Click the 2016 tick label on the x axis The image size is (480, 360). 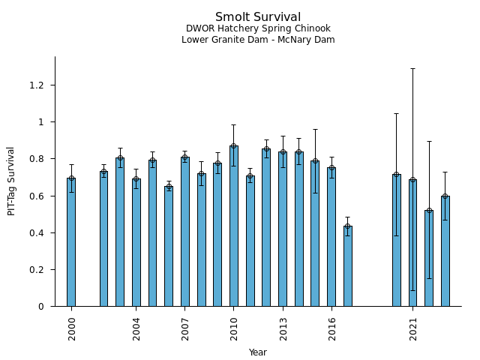(x=331, y=328)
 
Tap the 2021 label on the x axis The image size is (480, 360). (x=413, y=328)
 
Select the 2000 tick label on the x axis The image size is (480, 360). (x=72, y=328)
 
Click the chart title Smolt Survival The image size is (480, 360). (x=258, y=17)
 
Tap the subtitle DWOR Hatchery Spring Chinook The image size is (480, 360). (x=258, y=28)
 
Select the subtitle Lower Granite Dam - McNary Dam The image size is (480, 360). (x=258, y=40)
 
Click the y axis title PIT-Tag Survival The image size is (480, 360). (x=12, y=181)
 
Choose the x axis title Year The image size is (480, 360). (x=258, y=352)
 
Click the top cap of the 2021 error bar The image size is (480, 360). (x=412, y=68)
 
